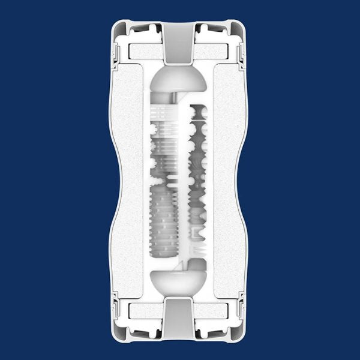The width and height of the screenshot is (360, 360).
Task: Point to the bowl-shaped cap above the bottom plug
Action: [x=179, y=280]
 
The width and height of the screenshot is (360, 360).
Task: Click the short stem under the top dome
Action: [x=179, y=100]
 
